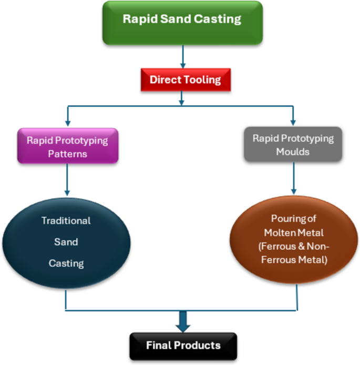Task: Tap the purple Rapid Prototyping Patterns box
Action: pos(67,146)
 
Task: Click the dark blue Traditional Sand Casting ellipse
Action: pos(66,242)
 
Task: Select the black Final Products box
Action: pos(182,346)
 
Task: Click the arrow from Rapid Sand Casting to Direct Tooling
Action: pos(182,55)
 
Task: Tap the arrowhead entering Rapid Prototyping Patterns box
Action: pos(67,122)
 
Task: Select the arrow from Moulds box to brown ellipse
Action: pos(293,179)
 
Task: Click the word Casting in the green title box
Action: pos(220,19)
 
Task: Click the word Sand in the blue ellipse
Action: pos(66,242)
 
